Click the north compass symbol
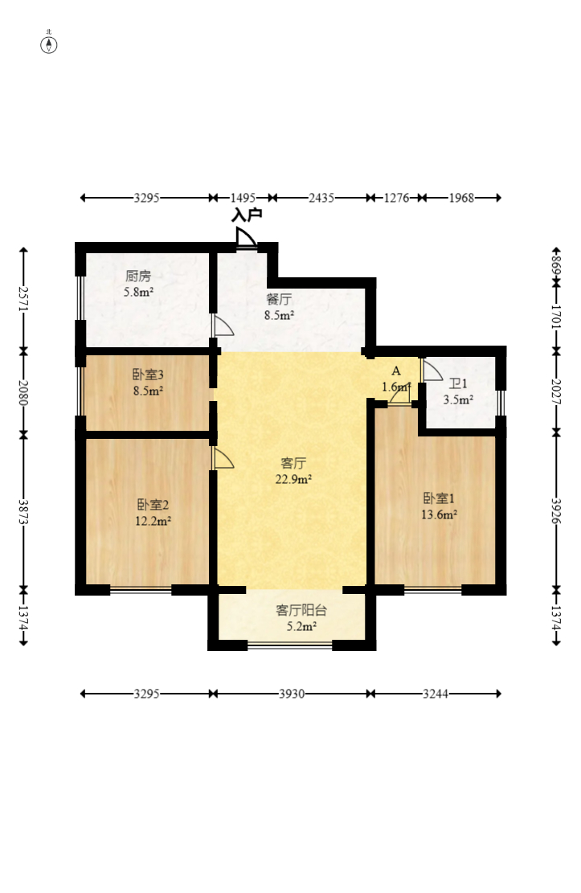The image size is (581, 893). point(49,44)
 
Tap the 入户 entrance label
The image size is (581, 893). point(247,215)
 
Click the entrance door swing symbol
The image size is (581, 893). point(246,237)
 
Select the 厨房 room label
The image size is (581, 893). point(138,277)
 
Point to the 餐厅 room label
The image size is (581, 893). point(279,299)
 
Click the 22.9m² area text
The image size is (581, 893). point(293,479)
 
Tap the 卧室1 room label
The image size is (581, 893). point(439,498)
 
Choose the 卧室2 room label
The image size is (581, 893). point(153,505)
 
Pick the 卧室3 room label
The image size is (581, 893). point(148,375)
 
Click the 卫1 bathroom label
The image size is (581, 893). point(458,384)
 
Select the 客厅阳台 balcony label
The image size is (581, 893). point(301,611)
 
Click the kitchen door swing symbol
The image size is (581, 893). point(223,325)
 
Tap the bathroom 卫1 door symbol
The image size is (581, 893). point(432,370)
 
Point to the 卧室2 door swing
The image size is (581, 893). point(223,458)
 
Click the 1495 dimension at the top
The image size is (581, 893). point(243,198)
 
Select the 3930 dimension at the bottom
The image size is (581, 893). point(292,694)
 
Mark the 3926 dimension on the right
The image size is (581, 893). point(557,511)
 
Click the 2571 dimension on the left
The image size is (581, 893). point(23,298)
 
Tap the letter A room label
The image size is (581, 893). point(396,371)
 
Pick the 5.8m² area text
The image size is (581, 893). point(139,292)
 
